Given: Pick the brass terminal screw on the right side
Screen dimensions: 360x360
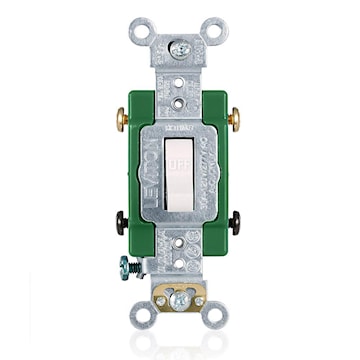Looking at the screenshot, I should [x=233, y=117].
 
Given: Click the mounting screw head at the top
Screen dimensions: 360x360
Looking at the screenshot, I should [x=182, y=47].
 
